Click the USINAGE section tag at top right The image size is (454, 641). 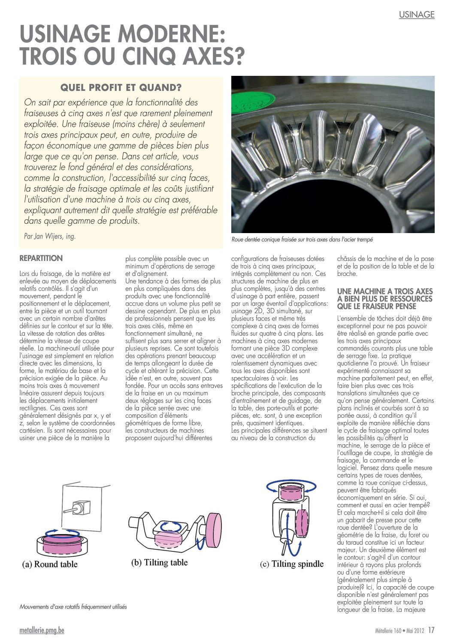pos(416,15)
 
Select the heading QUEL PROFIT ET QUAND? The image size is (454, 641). pos(121,88)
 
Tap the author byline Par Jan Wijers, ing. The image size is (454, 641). pos(50,236)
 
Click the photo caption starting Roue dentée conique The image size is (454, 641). pos(302,240)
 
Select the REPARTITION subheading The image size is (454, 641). pos(41,258)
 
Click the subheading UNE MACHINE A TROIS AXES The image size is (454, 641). pos(384,291)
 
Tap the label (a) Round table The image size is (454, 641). pos(50,564)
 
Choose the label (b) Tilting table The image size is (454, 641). pos(160,562)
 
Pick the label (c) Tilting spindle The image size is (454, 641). pos(292,564)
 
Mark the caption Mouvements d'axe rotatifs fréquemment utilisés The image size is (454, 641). pos(73,607)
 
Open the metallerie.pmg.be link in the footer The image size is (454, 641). pos(42,630)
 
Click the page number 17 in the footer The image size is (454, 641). pos(431,630)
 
